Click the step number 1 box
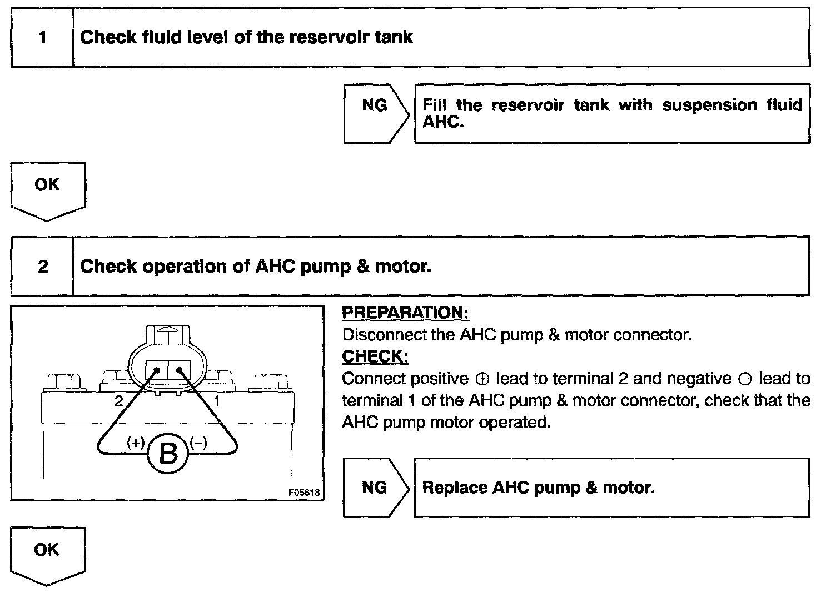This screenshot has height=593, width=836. point(42,38)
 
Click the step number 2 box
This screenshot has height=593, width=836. point(43,267)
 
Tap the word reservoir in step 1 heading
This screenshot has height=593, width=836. point(315,37)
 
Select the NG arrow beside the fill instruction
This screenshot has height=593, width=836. point(376,114)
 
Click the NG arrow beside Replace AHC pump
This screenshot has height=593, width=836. point(376,488)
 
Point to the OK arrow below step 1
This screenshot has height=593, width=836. point(48,189)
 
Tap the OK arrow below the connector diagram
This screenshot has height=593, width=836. point(48,554)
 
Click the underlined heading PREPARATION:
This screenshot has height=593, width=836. point(405,313)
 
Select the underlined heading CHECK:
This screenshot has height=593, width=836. point(375,356)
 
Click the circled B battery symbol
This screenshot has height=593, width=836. point(168,454)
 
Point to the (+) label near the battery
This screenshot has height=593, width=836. point(136,443)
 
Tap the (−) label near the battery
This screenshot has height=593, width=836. point(198,443)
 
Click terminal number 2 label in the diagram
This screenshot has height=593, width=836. point(118,400)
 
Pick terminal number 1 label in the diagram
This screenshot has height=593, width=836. point(217,400)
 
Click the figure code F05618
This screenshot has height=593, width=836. point(304,492)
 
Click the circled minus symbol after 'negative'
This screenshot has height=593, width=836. point(745,379)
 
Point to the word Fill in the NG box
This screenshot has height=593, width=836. point(435,105)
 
